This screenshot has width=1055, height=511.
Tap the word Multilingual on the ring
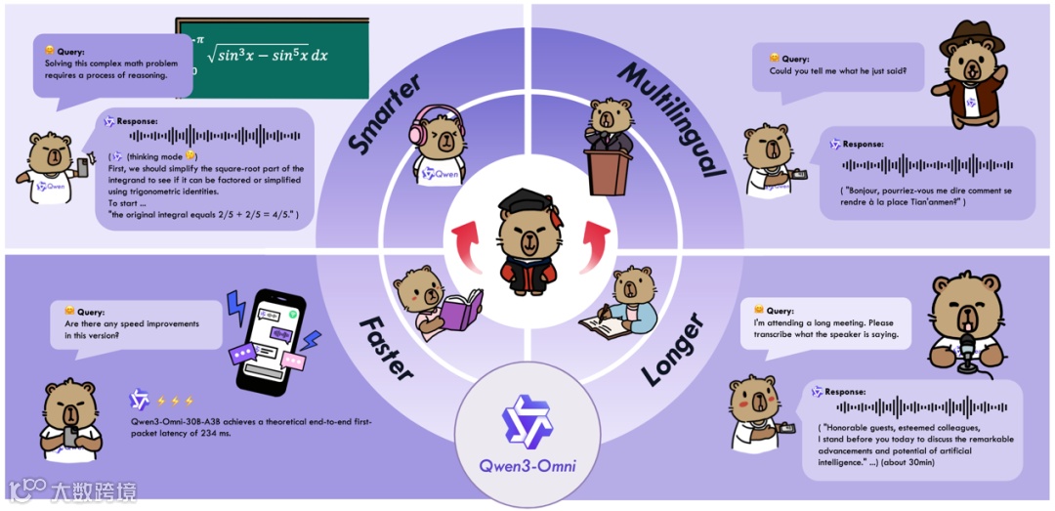(673, 118)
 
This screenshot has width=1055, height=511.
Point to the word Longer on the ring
(674, 348)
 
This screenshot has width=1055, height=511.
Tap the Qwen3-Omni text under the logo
(527, 466)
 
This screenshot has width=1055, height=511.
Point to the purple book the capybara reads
(459, 311)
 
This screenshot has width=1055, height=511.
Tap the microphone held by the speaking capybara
(967, 348)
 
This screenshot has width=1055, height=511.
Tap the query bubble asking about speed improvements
(131, 325)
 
